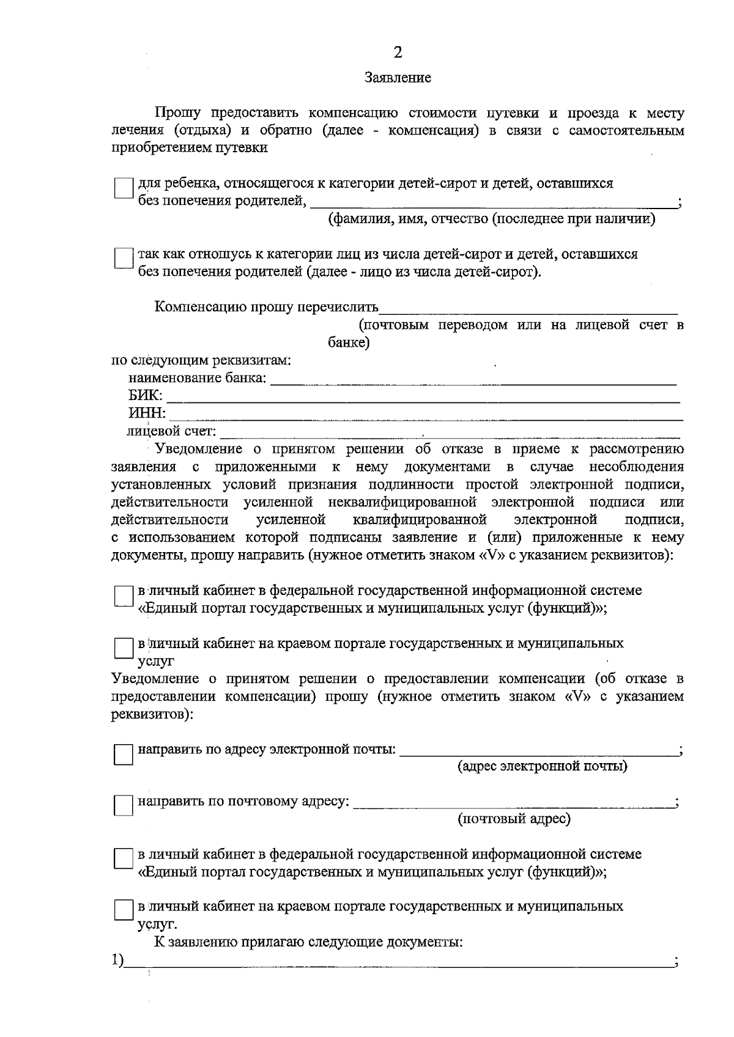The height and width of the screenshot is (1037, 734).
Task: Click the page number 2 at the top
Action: [x=398, y=53]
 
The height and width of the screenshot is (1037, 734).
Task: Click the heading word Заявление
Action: [x=398, y=78]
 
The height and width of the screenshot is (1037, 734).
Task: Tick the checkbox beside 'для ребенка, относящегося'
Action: [x=124, y=188]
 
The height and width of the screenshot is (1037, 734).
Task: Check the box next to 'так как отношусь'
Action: [x=124, y=258]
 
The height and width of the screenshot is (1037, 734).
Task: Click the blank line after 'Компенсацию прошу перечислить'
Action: [x=528, y=308]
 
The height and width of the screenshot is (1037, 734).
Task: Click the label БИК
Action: [x=144, y=396]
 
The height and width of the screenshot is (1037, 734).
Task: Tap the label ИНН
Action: [x=146, y=414]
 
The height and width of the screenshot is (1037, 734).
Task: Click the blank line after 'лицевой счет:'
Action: [x=450, y=433]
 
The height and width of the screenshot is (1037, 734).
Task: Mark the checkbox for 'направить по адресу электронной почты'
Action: [x=124, y=755]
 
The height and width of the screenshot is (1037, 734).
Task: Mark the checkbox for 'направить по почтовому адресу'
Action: [x=124, y=806]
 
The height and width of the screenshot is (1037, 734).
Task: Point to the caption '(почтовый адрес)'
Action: [x=514, y=819]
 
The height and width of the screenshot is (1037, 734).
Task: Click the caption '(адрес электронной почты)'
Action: [x=543, y=767]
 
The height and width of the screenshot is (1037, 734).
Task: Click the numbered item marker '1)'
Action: [x=117, y=961]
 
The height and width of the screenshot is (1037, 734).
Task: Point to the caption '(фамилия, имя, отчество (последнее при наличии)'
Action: [x=492, y=220]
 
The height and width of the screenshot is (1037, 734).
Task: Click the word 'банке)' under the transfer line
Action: [x=349, y=343]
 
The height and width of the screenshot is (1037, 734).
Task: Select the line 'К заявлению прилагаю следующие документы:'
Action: [x=308, y=942]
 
